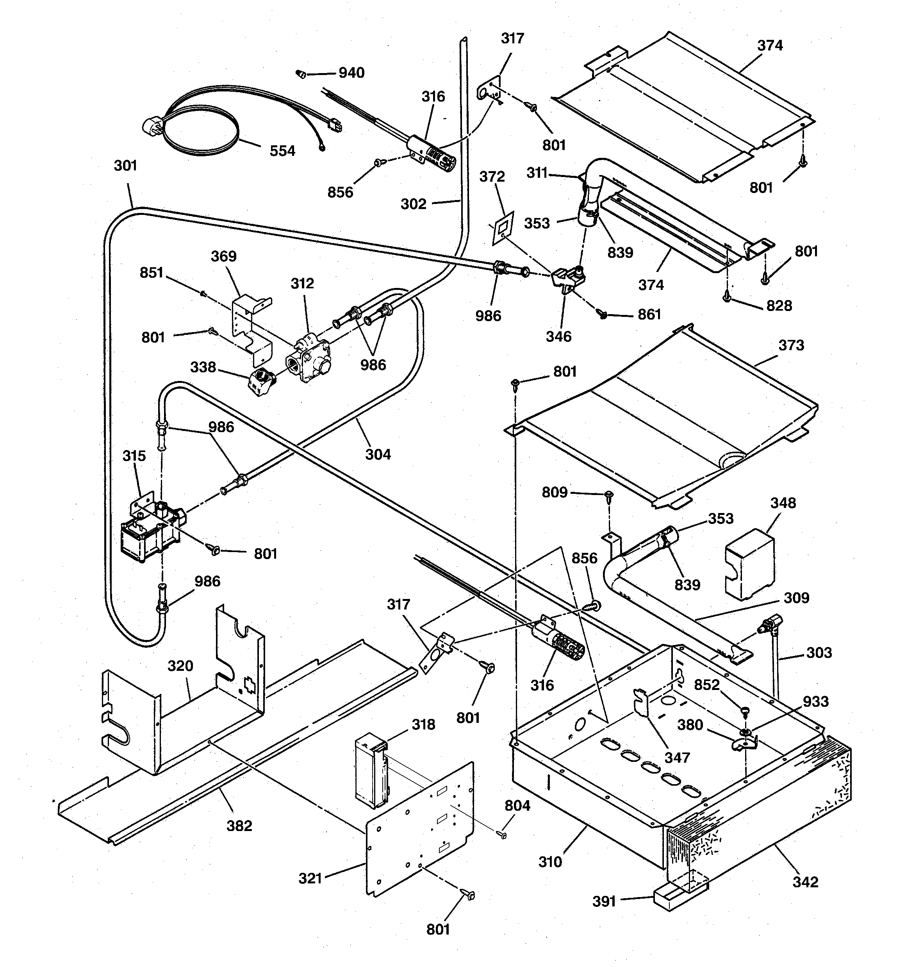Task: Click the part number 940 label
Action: [x=351, y=73]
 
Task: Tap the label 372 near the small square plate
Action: [x=492, y=177]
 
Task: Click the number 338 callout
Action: [x=203, y=367]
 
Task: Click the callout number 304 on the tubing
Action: [x=378, y=454]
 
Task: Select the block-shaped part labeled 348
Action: [x=749, y=564]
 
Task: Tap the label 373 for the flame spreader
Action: [x=791, y=345]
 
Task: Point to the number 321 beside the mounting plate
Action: [x=310, y=878]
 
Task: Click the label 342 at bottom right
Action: [x=805, y=882]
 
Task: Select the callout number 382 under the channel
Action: [x=239, y=826]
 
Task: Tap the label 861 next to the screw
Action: [x=649, y=315]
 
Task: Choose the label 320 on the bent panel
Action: [x=180, y=666]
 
